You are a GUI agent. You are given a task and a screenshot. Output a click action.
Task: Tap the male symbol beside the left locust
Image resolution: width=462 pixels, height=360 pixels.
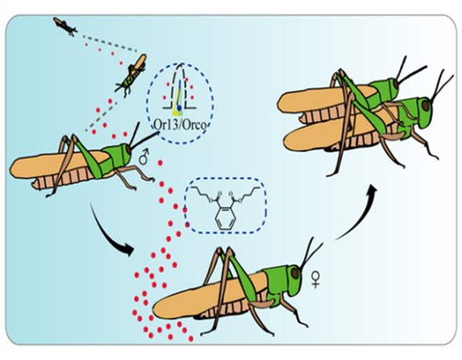point(144,158)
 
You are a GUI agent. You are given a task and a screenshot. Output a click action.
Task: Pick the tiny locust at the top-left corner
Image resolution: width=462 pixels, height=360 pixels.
point(65,27)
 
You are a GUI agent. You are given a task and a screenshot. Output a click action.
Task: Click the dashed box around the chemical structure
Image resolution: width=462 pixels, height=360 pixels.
point(225,206)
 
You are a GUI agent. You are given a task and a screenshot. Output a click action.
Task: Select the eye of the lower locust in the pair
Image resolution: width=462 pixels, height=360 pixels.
point(424,104)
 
